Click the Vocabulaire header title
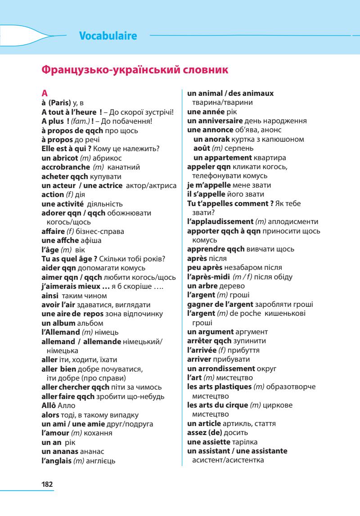(x=108, y=36)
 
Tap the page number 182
(x=47, y=484)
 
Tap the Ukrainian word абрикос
(x=108, y=158)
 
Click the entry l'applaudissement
(x=220, y=222)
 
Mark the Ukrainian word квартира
(x=270, y=157)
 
